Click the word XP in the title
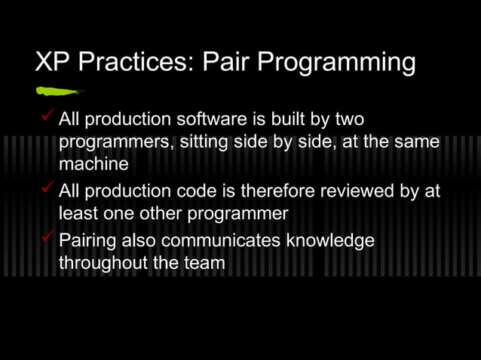click(52, 63)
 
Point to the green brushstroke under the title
click(59, 92)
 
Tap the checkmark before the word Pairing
click(47, 237)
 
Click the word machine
click(93, 163)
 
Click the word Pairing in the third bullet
click(92, 241)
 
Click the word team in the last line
click(206, 263)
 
